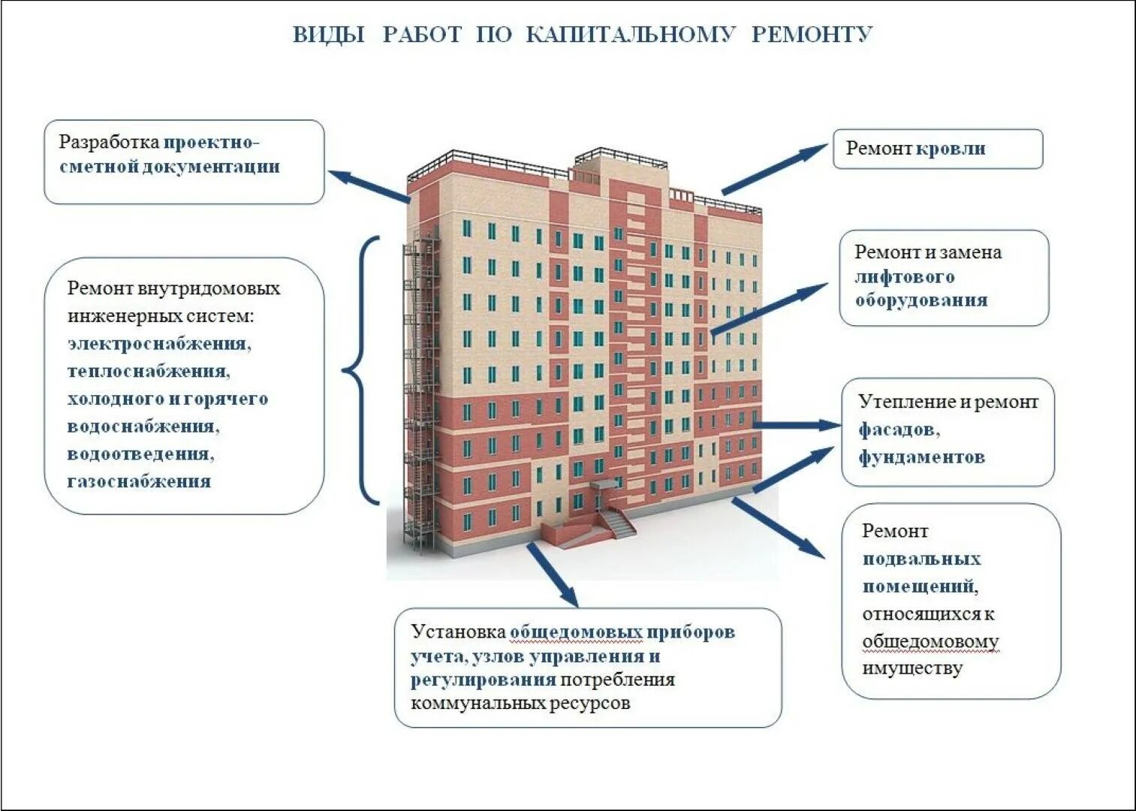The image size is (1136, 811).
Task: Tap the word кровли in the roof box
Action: click(950, 149)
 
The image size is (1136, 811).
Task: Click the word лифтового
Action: click(904, 276)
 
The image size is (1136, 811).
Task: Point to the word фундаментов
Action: click(921, 457)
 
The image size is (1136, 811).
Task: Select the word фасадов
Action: click(898, 430)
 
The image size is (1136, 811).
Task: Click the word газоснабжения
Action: click(139, 481)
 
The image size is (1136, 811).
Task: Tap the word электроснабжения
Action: click(158, 344)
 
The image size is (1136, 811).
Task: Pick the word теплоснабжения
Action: click(148, 371)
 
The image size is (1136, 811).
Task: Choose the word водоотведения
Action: click(140, 454)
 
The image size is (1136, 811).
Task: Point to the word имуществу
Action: click(912, 668)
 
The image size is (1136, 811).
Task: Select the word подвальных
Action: click(921, 559)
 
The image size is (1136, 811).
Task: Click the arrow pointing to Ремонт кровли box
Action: click(773, 170)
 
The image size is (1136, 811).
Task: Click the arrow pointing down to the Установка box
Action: click(553, 574)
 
